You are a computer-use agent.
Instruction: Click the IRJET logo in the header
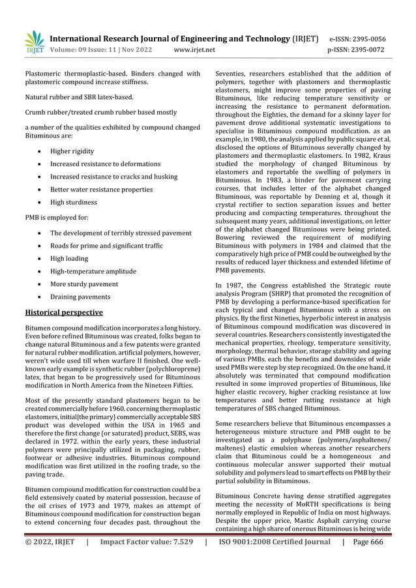34,42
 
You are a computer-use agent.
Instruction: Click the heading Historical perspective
63,312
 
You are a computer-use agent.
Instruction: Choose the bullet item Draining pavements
80,297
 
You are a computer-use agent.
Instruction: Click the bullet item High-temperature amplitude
93,271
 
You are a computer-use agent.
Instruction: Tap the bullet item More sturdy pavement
84,284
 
